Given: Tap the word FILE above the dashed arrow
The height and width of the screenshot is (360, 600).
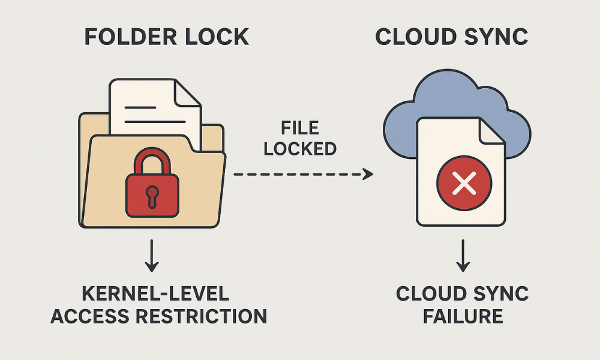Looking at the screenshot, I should point(300,128).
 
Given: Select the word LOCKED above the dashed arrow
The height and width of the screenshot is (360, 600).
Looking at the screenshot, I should point(300,148).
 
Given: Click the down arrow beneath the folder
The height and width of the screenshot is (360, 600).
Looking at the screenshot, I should point(152,256).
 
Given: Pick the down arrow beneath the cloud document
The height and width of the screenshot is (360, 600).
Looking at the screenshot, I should point(462,256).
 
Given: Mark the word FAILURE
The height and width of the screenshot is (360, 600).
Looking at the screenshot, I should point(462,316).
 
